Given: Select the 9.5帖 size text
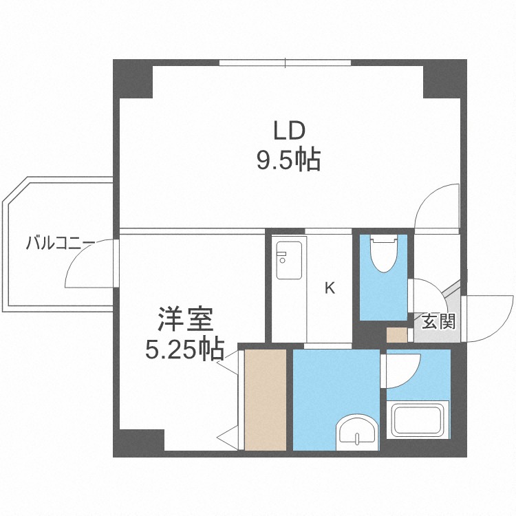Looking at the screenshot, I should [289, 160].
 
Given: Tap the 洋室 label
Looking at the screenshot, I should [184, 321].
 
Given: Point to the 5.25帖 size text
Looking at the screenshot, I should [184, 350].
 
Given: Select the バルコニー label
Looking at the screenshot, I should [61, 243].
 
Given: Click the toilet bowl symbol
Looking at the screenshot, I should [383, 255].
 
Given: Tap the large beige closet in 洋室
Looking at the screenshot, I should [265, 399].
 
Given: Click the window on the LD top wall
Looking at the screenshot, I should [286, 63].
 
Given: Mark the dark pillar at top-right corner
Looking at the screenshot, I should [444, 78].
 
